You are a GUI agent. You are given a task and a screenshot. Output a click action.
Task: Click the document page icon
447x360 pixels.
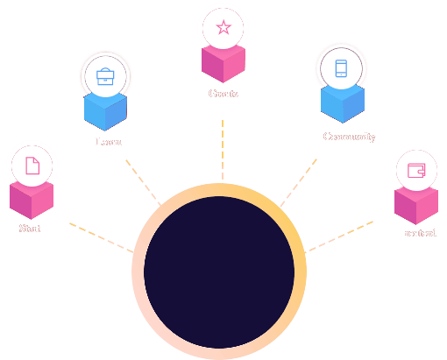coord(32,165)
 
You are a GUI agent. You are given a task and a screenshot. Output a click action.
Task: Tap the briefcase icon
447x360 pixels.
coord(106,75)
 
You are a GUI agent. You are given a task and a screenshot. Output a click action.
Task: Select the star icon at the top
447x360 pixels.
coord(223,27)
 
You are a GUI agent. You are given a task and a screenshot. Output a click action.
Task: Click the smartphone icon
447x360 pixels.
coord(341,69)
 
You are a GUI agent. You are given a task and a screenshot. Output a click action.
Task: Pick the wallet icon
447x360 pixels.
coord(417,171)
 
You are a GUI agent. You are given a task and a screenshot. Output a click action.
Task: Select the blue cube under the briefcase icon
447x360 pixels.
coord(106,111)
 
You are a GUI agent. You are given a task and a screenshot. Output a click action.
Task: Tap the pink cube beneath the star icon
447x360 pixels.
coord(223,64)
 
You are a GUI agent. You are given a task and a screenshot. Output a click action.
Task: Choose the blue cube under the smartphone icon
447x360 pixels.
coord(342,104)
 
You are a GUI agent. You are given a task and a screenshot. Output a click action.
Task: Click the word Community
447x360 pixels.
coord(349,137)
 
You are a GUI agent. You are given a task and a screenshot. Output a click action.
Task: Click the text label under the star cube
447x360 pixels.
coord(223,93)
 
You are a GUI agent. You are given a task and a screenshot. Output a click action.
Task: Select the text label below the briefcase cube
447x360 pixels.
coord(109,141)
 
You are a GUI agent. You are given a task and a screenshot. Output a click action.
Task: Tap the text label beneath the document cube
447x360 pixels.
coord(30,229)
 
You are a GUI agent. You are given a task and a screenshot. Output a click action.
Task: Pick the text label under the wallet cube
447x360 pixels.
coord(420,233)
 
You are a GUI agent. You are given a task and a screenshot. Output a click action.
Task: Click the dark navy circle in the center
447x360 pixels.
coord(219,272)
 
